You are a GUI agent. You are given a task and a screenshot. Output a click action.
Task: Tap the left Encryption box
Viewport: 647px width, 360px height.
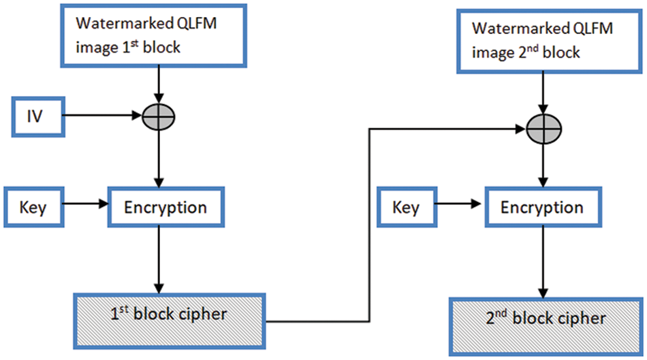165,207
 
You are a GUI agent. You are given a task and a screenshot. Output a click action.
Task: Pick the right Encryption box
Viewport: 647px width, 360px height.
542,207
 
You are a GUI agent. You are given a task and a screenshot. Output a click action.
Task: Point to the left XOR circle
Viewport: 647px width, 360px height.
158,116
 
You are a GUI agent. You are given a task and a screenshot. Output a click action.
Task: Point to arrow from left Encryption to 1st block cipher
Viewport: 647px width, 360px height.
158,258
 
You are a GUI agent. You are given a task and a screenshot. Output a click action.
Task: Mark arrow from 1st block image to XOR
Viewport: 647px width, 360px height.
158,85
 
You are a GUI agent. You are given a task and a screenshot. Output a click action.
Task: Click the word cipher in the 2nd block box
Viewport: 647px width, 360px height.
582,318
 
